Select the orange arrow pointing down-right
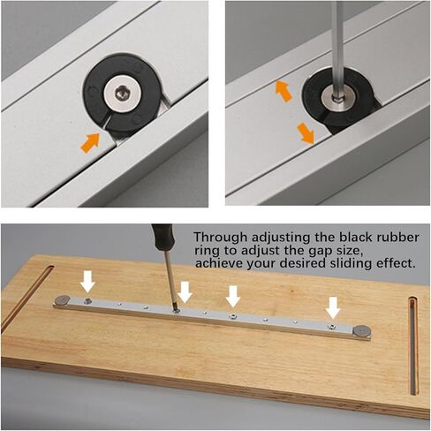pyautogui.click(x=305, y=132)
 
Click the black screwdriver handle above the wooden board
pyautogui.click(x=163, y=242)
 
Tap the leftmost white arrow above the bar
pyautogui.click(x=87, y=281)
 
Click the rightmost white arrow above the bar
pyautogui.click(x=332, y=306)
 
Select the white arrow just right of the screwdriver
pyautogui.click(x=185, y=291)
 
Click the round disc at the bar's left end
pyautogui.click(x=64, y=302)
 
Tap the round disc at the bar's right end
pyautogui.click(x=360, y=332)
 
